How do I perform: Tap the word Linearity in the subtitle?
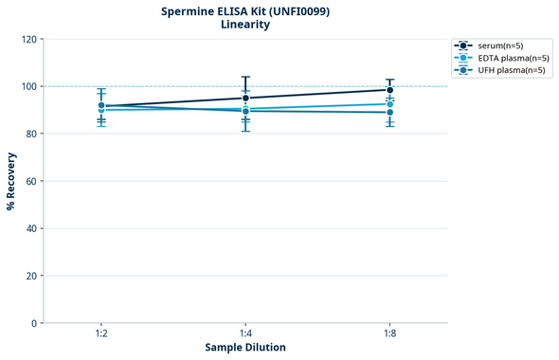point(244,25)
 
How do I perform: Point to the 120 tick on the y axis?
point(29,39)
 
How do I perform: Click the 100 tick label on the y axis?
point(29,86)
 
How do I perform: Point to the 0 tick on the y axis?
point(35,323)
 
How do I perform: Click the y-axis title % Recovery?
point(11,181)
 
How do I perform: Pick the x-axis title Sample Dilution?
point(245,348)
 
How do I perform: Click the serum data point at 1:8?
point(389,90)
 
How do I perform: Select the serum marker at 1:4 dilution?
point(245,98)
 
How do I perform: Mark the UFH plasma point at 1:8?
point(389,113)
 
